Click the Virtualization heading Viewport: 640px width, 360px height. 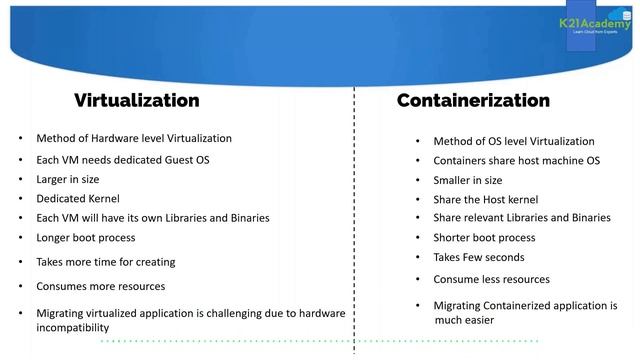click(x=136, y=100)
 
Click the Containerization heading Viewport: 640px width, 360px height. click(x=473, y=100)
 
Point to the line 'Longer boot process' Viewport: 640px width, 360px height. click(x=85, y=238)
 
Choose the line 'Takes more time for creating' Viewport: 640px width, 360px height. click(x=105, y=262)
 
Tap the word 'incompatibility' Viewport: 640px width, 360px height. click(x=72, y=327)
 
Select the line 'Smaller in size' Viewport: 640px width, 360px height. click(x=468, y=180)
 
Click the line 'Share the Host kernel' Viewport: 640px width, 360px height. click(x=486, y=199)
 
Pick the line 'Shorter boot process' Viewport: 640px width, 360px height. click(x=484, y=238)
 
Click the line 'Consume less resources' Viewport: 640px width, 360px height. click(x=491, y=280)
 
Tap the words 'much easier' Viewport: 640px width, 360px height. click(x=464, y=320)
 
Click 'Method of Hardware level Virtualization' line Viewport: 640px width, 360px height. click(x=134, y=138)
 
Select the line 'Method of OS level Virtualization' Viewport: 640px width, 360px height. click(x=513, y=141)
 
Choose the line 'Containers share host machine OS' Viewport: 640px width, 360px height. click(x=516, y=161)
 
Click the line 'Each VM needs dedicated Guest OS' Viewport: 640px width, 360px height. click(x=122, y=160)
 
